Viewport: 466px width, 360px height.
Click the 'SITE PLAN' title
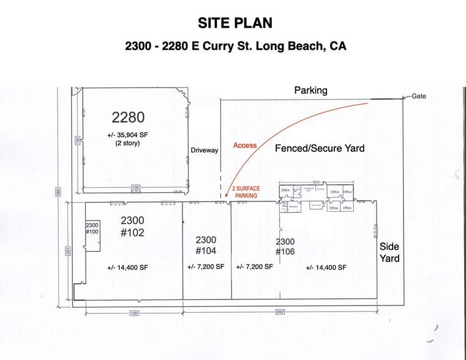pos(235,23)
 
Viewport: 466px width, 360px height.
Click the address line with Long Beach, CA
pos(235,46)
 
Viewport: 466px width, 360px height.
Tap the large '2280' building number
pos(128,116)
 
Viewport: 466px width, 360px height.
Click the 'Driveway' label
pos(204,150)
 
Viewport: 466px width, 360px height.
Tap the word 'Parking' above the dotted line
pos(310,90)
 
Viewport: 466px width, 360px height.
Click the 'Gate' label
pos(419,96)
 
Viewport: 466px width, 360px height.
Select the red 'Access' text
pos(245,146)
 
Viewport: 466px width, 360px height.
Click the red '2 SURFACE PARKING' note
pos(246,192)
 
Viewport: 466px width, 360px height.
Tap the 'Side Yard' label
pos(389,252)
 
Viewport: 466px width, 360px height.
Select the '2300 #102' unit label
pos(132,226)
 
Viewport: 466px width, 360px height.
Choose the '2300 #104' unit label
pos(206,245)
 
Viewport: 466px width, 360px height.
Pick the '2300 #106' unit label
pos(285,247)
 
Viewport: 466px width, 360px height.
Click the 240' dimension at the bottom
pos(280,312)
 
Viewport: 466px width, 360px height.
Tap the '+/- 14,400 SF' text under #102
pos(127,268)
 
